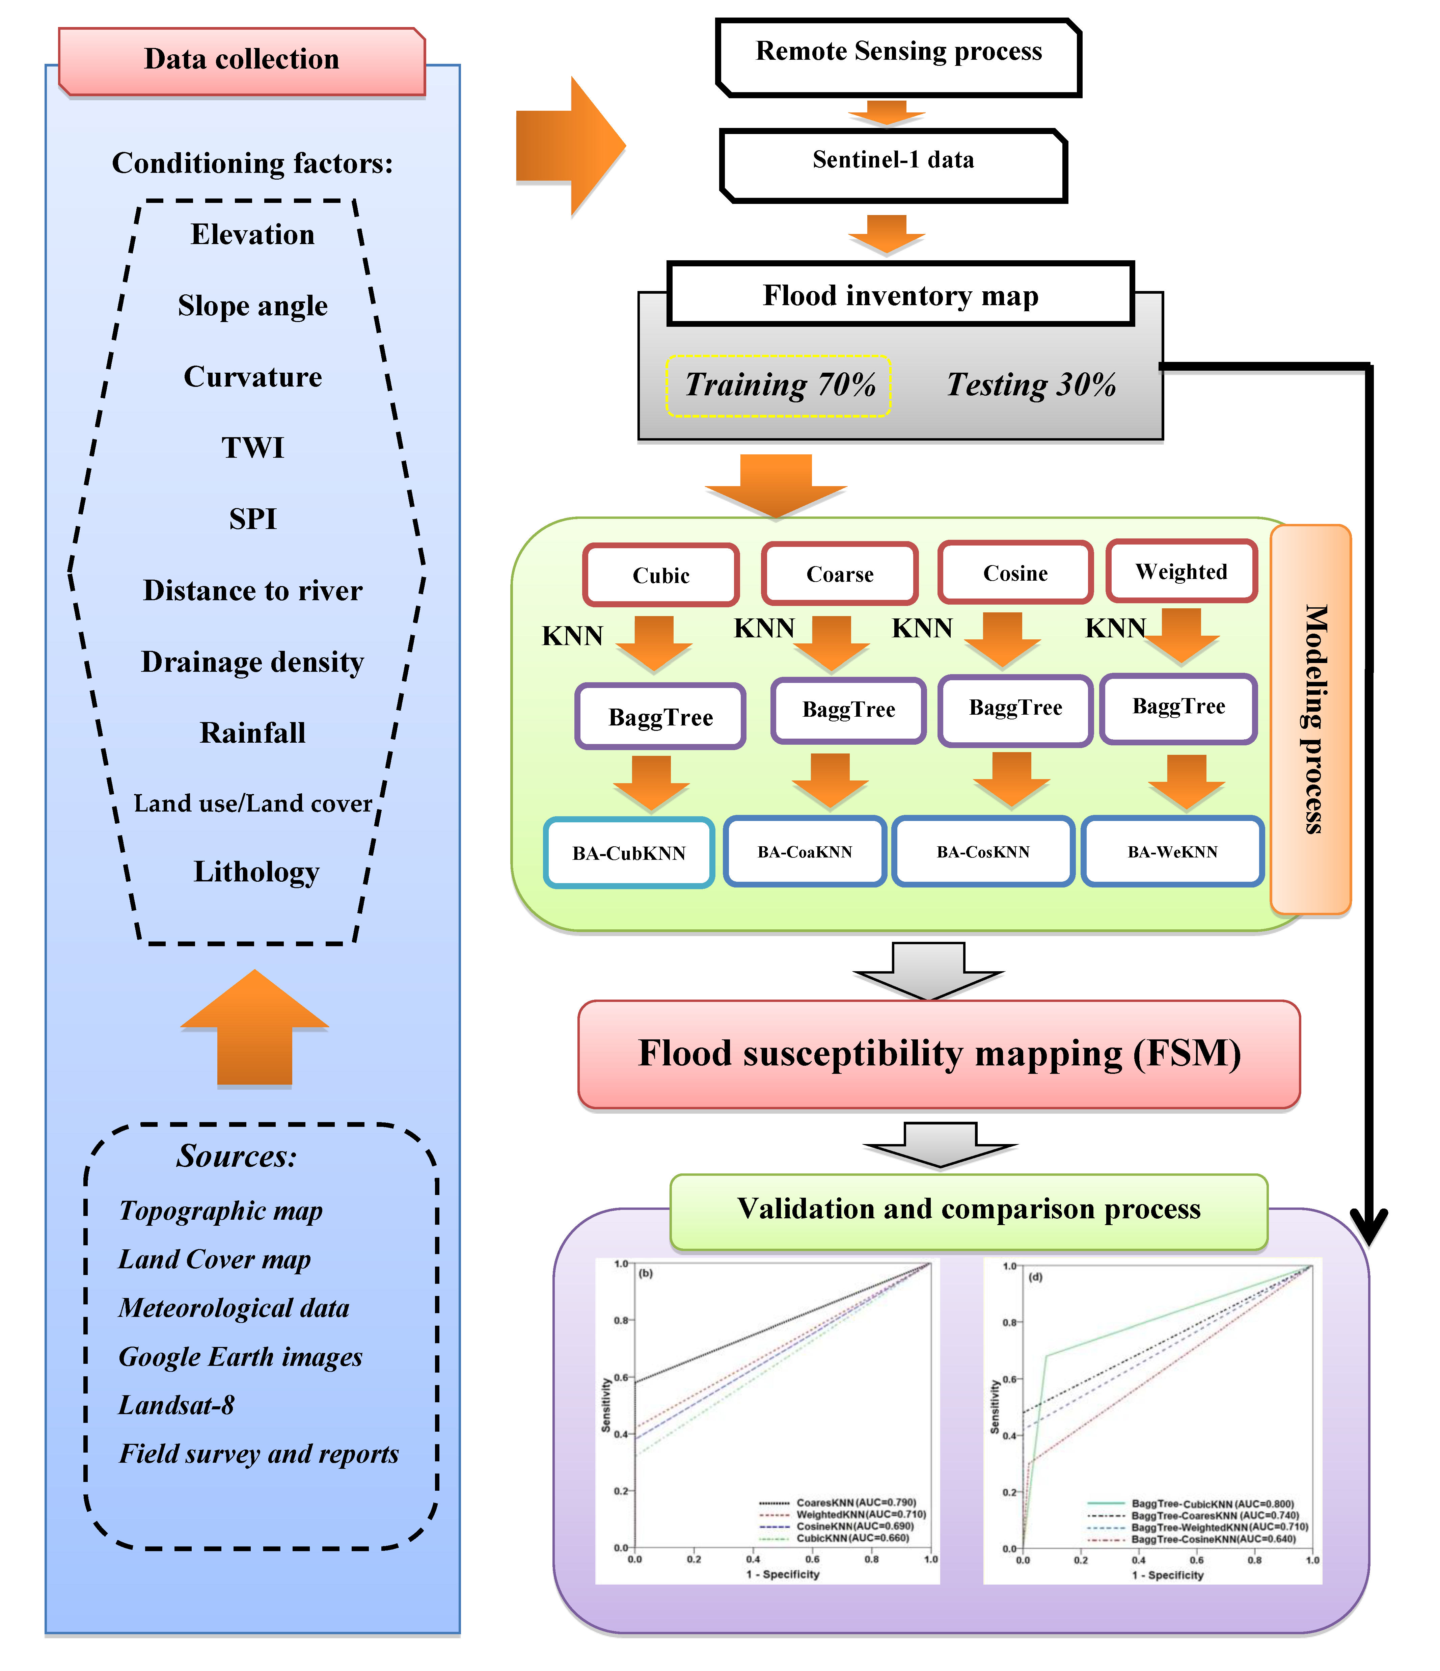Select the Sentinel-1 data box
893,164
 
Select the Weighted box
1181,572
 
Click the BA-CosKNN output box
983,852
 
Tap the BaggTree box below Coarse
848,710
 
